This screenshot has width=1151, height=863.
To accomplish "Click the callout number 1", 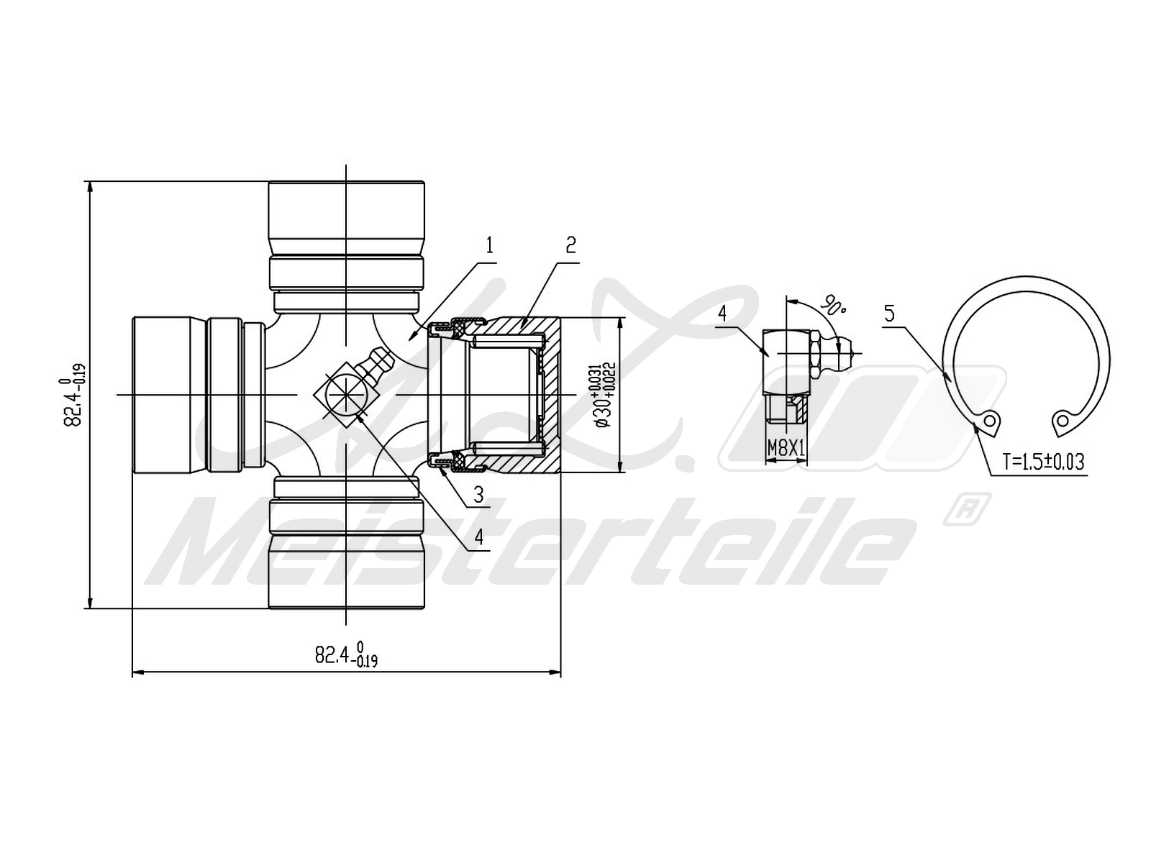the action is (x=489, y=245).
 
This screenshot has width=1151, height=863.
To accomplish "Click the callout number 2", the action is (x=570, y=245).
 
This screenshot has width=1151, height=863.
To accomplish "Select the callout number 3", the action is (x=478, y=495).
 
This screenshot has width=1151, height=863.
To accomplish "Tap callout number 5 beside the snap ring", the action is (x=889, y=314).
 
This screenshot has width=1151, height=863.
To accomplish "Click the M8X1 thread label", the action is (x=786, y=449).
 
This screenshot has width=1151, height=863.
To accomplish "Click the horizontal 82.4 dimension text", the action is (x=346, y=654).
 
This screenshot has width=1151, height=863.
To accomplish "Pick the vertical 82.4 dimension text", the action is (x=74, y=395).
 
